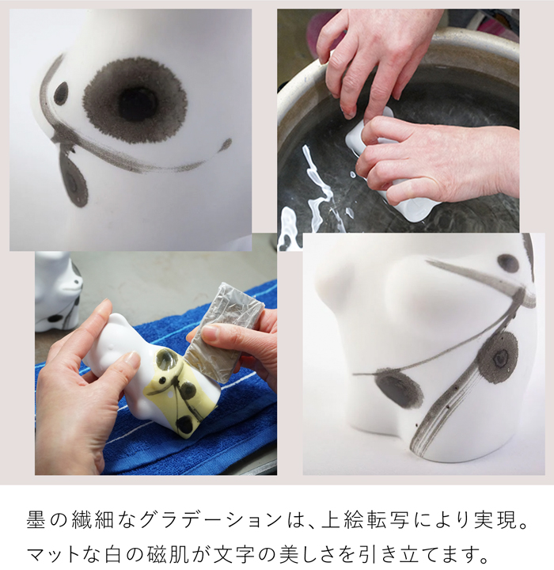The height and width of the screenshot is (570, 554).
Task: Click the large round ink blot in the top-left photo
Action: tap(135, 101)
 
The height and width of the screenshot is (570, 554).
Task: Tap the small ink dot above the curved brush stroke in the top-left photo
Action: tap(61, 93)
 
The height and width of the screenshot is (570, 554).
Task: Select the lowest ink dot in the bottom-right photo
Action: tap(398, 389)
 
